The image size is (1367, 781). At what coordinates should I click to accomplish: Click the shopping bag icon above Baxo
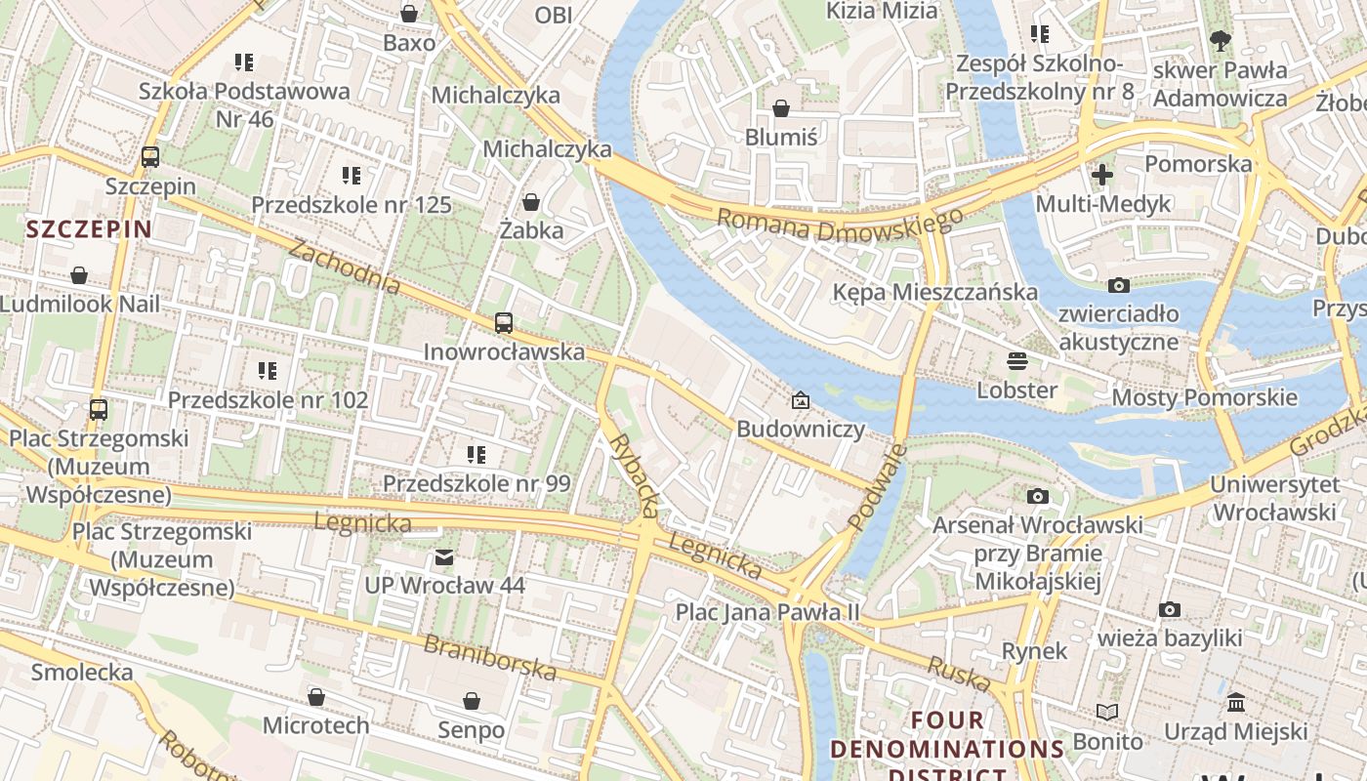409,14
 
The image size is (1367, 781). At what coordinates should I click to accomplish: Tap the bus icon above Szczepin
150,156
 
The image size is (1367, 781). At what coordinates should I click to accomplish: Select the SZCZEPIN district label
89,229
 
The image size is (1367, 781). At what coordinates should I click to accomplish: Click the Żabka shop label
531,230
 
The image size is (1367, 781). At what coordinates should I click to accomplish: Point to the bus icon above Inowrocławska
504,322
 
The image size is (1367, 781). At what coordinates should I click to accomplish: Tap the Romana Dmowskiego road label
840,226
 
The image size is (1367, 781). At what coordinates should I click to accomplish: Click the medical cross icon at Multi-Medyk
1102,175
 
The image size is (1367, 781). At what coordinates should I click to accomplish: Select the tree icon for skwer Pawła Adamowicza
1220,41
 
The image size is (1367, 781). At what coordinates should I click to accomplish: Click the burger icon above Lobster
1016,361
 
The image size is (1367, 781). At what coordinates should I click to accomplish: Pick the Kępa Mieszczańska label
934,292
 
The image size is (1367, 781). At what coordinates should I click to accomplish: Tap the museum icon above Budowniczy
801,400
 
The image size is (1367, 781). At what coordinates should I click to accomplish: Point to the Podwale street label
877,488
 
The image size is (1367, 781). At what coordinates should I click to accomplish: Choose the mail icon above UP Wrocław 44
444,557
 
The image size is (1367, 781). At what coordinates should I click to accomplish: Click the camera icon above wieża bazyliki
1169,610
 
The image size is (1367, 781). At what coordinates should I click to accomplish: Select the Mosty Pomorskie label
1204,397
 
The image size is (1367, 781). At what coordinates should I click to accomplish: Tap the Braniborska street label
489,658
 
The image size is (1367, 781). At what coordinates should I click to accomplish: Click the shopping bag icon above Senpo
472,701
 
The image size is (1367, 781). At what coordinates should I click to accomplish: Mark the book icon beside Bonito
1106,712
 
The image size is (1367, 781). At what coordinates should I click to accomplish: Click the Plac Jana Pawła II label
768,612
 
